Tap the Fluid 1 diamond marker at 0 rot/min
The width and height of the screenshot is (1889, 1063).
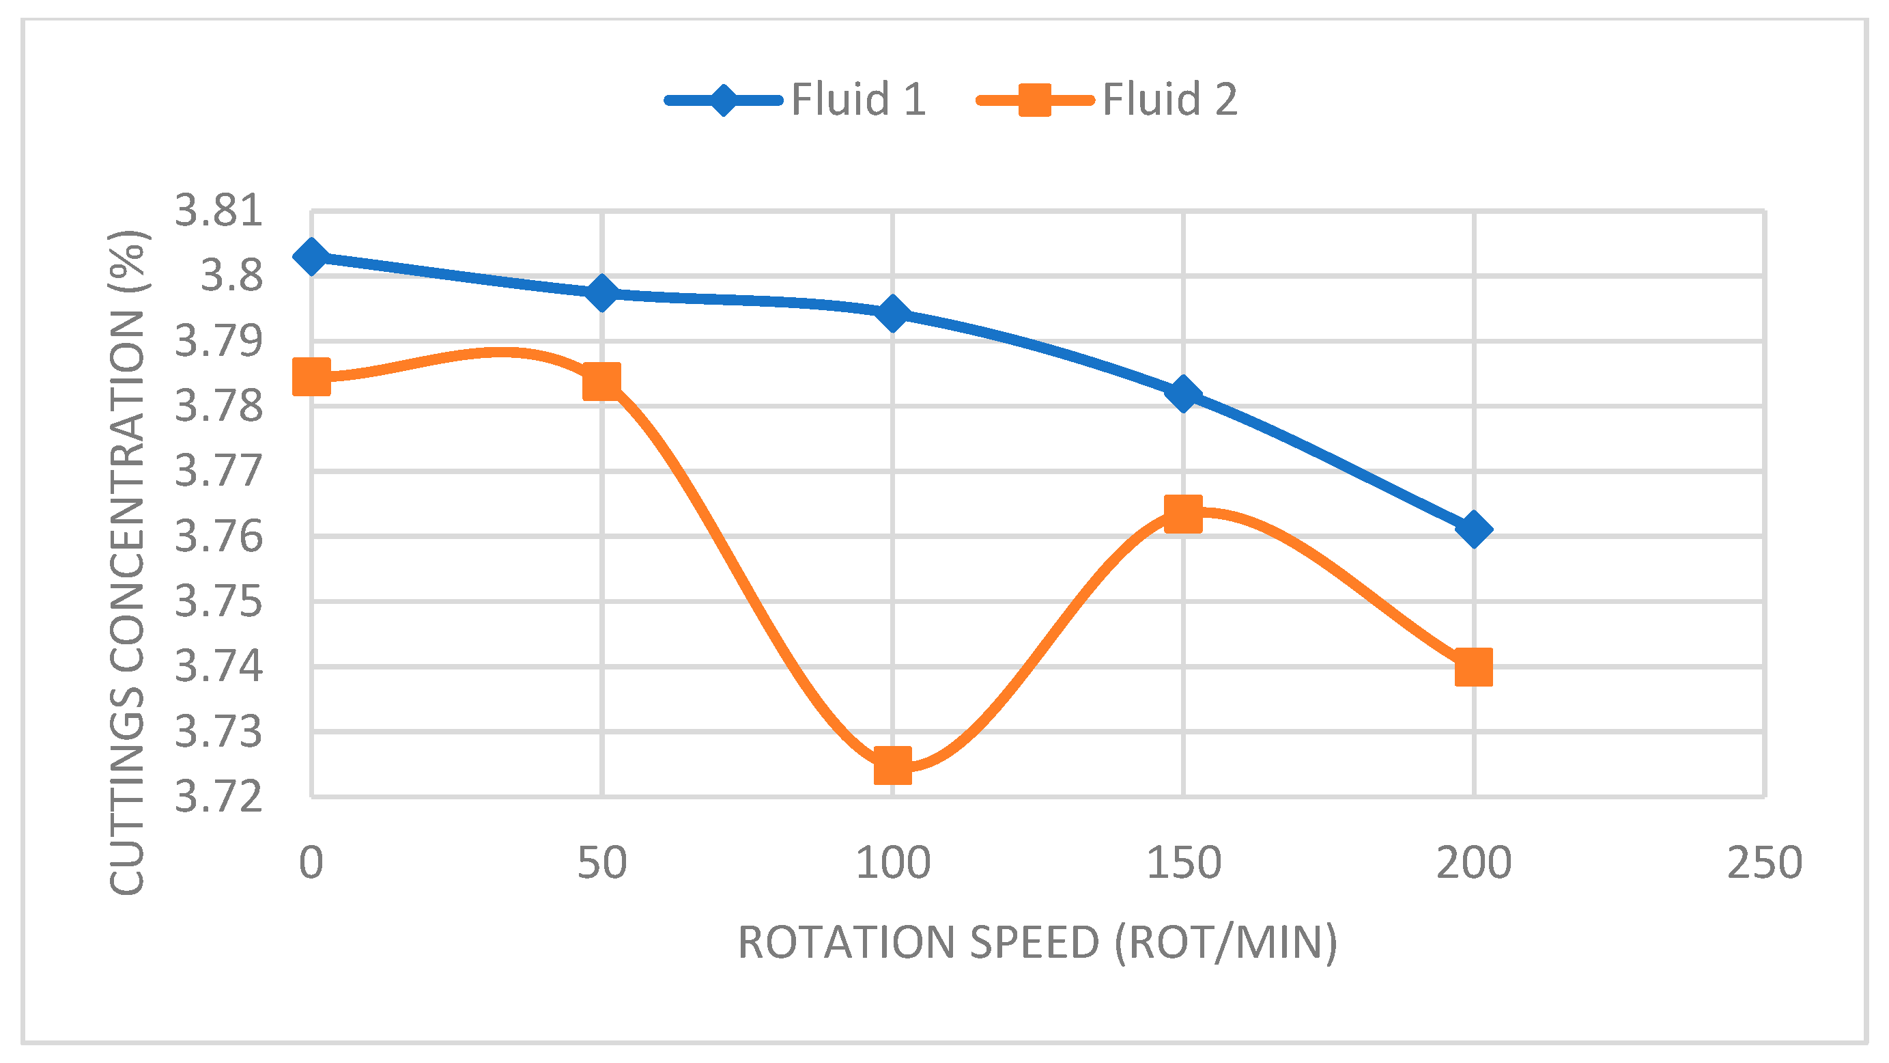click(311, 256)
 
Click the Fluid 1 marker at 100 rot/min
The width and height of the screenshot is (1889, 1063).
click(892, 314)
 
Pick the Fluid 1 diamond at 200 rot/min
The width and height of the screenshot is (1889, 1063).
click(1473, 529)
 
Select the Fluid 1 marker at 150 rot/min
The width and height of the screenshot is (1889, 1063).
click(1183, 394)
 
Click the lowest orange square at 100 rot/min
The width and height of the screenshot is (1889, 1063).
click(892, 766)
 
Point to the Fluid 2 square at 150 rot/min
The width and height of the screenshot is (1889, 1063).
click(1183, 513)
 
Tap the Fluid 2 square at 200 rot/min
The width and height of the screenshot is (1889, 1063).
click(1473, 667)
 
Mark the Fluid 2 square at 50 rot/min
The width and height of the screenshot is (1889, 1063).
click(601, 381)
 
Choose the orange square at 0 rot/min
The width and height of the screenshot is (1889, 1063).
click(311, 378)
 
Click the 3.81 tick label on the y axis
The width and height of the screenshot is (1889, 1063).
click(218, 210)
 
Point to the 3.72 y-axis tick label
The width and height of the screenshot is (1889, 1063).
click(218, 797)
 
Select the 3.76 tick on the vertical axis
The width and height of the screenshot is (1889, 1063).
click(218, 536)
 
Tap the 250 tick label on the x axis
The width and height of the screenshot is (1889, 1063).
click(1764, 863)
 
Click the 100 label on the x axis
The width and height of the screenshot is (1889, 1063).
click(892, 863)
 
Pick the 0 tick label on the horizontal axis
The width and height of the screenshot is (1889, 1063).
click(311, 863)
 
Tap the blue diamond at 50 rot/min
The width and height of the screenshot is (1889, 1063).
click(601, 292)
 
